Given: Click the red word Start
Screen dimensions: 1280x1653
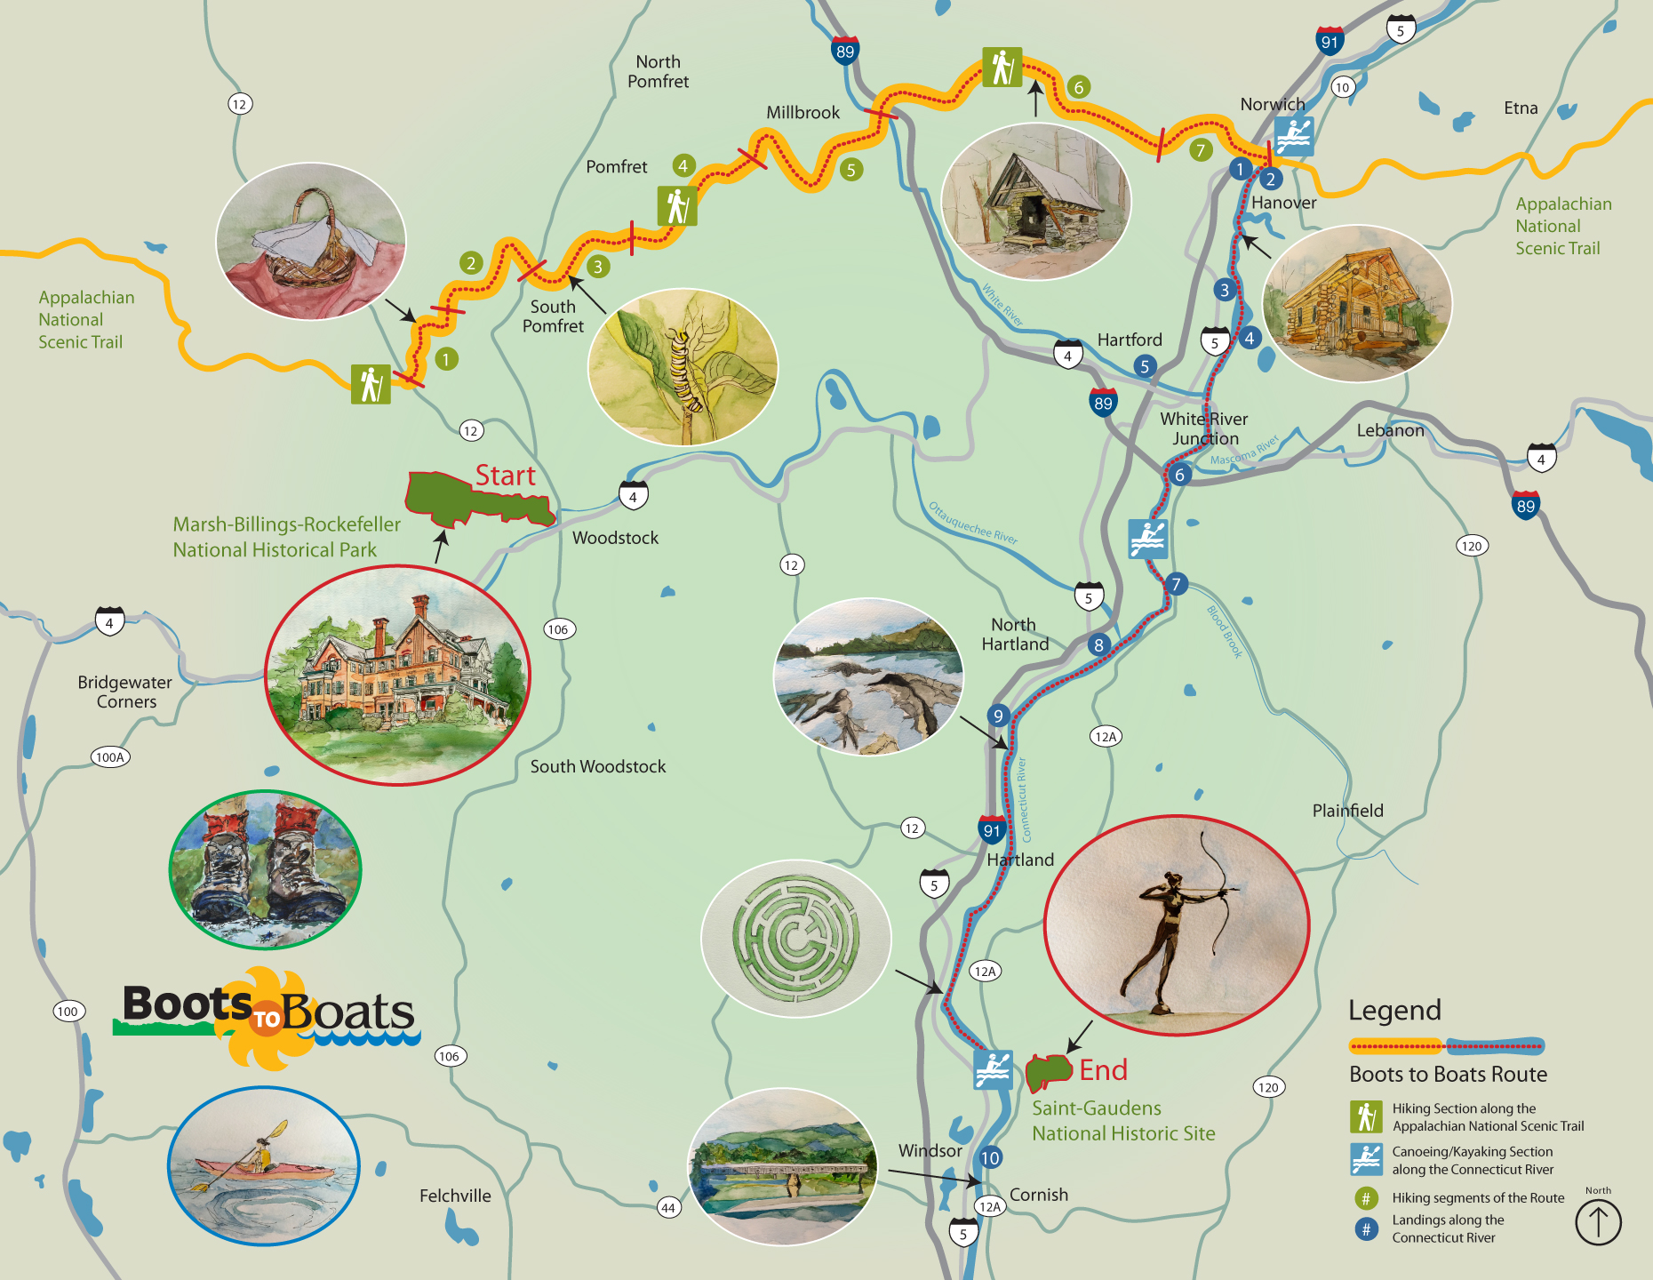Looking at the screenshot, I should pyautogui.click(x=505, y=476).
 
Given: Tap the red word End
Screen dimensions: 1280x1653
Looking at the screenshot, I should pyautogui.click(x=1103, y=1069).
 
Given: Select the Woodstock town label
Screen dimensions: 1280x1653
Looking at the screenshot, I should pyautogui.click(x=615, y=538).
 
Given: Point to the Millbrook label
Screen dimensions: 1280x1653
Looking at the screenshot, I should pyautogui.click(x=803, y=112).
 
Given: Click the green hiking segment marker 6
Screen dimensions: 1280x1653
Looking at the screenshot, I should pyautogui.click(x=1078, y=87).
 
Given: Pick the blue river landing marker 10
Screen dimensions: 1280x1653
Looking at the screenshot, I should pyautogui.click(x=990, y=1157).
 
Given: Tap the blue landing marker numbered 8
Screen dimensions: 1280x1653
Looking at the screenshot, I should pyautogui.click(x=1098, y=644).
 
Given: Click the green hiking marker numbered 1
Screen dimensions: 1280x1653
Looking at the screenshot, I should pyautogui.click(x=446, y=359).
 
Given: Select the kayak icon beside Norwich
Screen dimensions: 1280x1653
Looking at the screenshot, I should pyautogui.click(x=1293, y=136).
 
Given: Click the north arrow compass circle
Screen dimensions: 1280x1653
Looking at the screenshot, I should pyautogui.click(x=1598, y=1222).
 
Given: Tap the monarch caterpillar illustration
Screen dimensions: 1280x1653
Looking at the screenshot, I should pyautogui.click(x=683, y=366).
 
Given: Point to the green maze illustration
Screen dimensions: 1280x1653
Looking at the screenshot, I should pyautogui.click(x=795, y=938).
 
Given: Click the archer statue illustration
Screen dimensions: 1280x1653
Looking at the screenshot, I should pyautogui.click(x=1176, y=924).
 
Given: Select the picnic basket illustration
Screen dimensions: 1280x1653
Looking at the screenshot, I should pyautogui.click(x=310, y=240).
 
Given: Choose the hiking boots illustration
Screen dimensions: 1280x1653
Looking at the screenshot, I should pyautogui.click(x=265, y=869).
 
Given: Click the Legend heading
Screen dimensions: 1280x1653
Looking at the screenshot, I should pyautogui.click(x=1394, y=1011).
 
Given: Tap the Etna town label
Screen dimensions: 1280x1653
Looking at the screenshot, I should pyautogui.click(x=1520, y=108).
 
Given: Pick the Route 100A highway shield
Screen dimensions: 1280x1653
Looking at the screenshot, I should pyautogui.click(x=110, y=757).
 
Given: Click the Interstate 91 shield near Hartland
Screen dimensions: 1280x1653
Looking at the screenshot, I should pyautogui.click(x=992, y=829).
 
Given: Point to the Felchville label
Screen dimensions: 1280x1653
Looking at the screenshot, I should pyautogui.click(x=455, y=1196).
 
